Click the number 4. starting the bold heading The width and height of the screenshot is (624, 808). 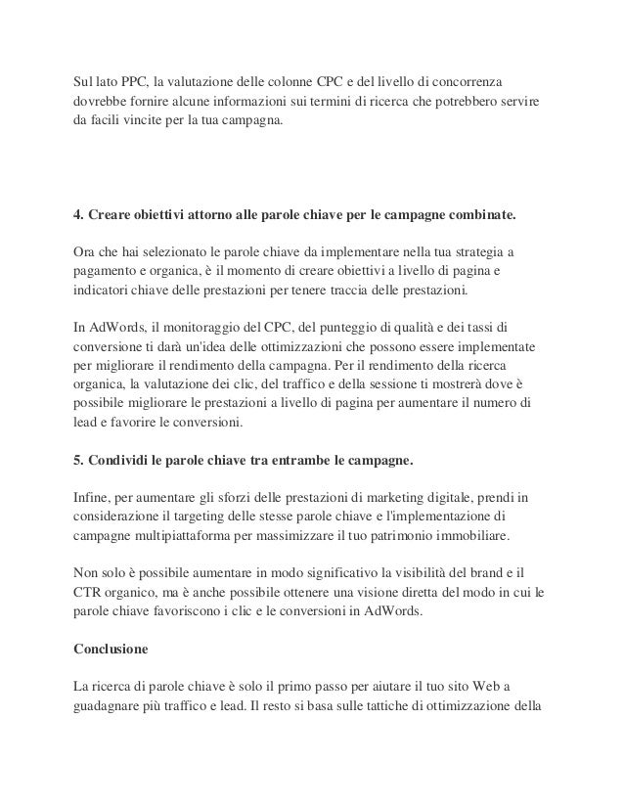[81, 212]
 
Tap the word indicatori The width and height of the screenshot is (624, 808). [103, 292]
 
